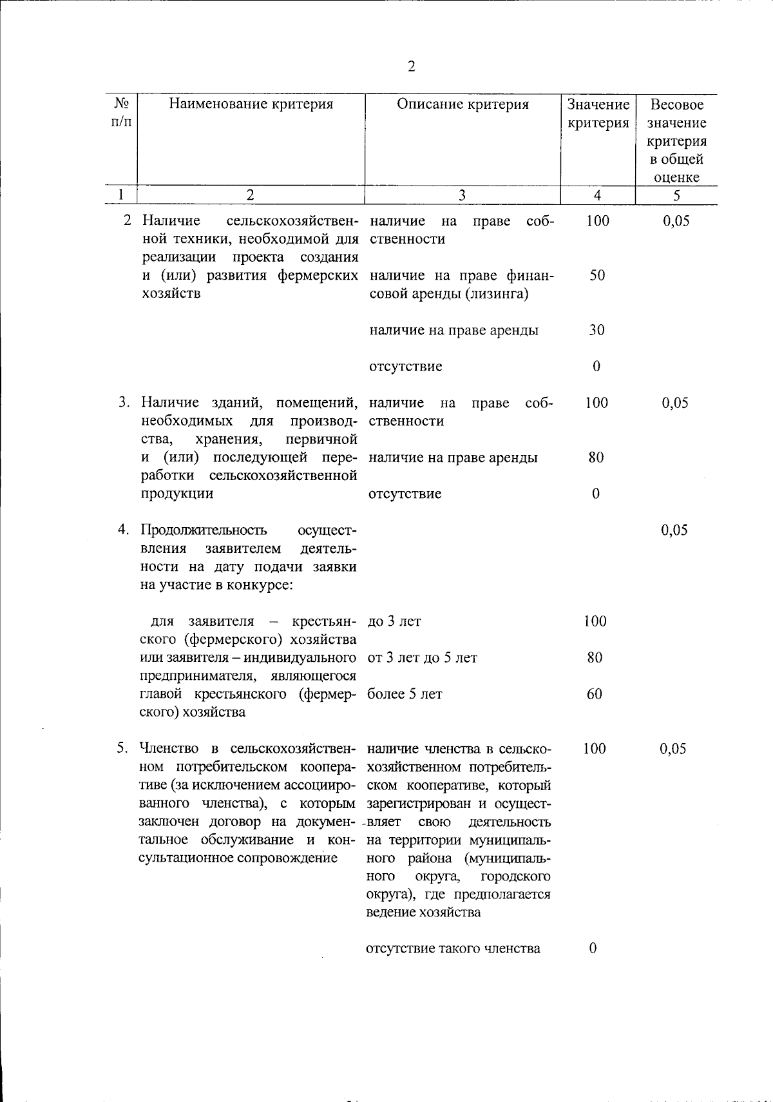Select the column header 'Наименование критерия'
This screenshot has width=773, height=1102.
click(x=251, y=104)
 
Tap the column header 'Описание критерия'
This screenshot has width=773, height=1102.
click(x=463, y=104)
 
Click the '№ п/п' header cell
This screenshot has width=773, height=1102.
click(x=122, y=113)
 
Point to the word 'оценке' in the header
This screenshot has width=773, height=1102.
click(x=676, y=177)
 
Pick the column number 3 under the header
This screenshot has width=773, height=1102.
click(x=462, y=195)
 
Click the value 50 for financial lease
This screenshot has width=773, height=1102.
click(x=597, y=276)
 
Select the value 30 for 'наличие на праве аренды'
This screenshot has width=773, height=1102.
click(x=596, y=330)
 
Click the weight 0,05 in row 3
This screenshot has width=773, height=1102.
click(x=675, y=403)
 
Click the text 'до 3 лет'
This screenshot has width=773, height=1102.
click(x=394, y=621)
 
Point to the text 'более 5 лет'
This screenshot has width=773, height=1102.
click(x=405, y=694)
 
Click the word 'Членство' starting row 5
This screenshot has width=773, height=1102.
click(x=171, y=749)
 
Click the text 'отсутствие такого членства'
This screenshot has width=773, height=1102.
click(x=453, y=948)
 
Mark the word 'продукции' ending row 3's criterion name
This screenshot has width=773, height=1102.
click(x=177, y=494)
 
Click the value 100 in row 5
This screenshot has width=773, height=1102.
click(x=595, y=749)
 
